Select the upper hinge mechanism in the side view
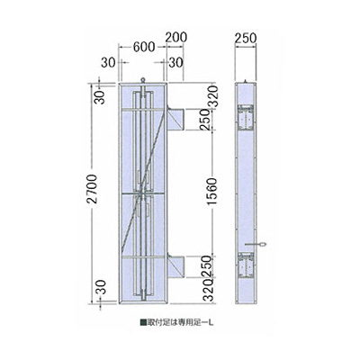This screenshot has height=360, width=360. pos(247,116)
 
